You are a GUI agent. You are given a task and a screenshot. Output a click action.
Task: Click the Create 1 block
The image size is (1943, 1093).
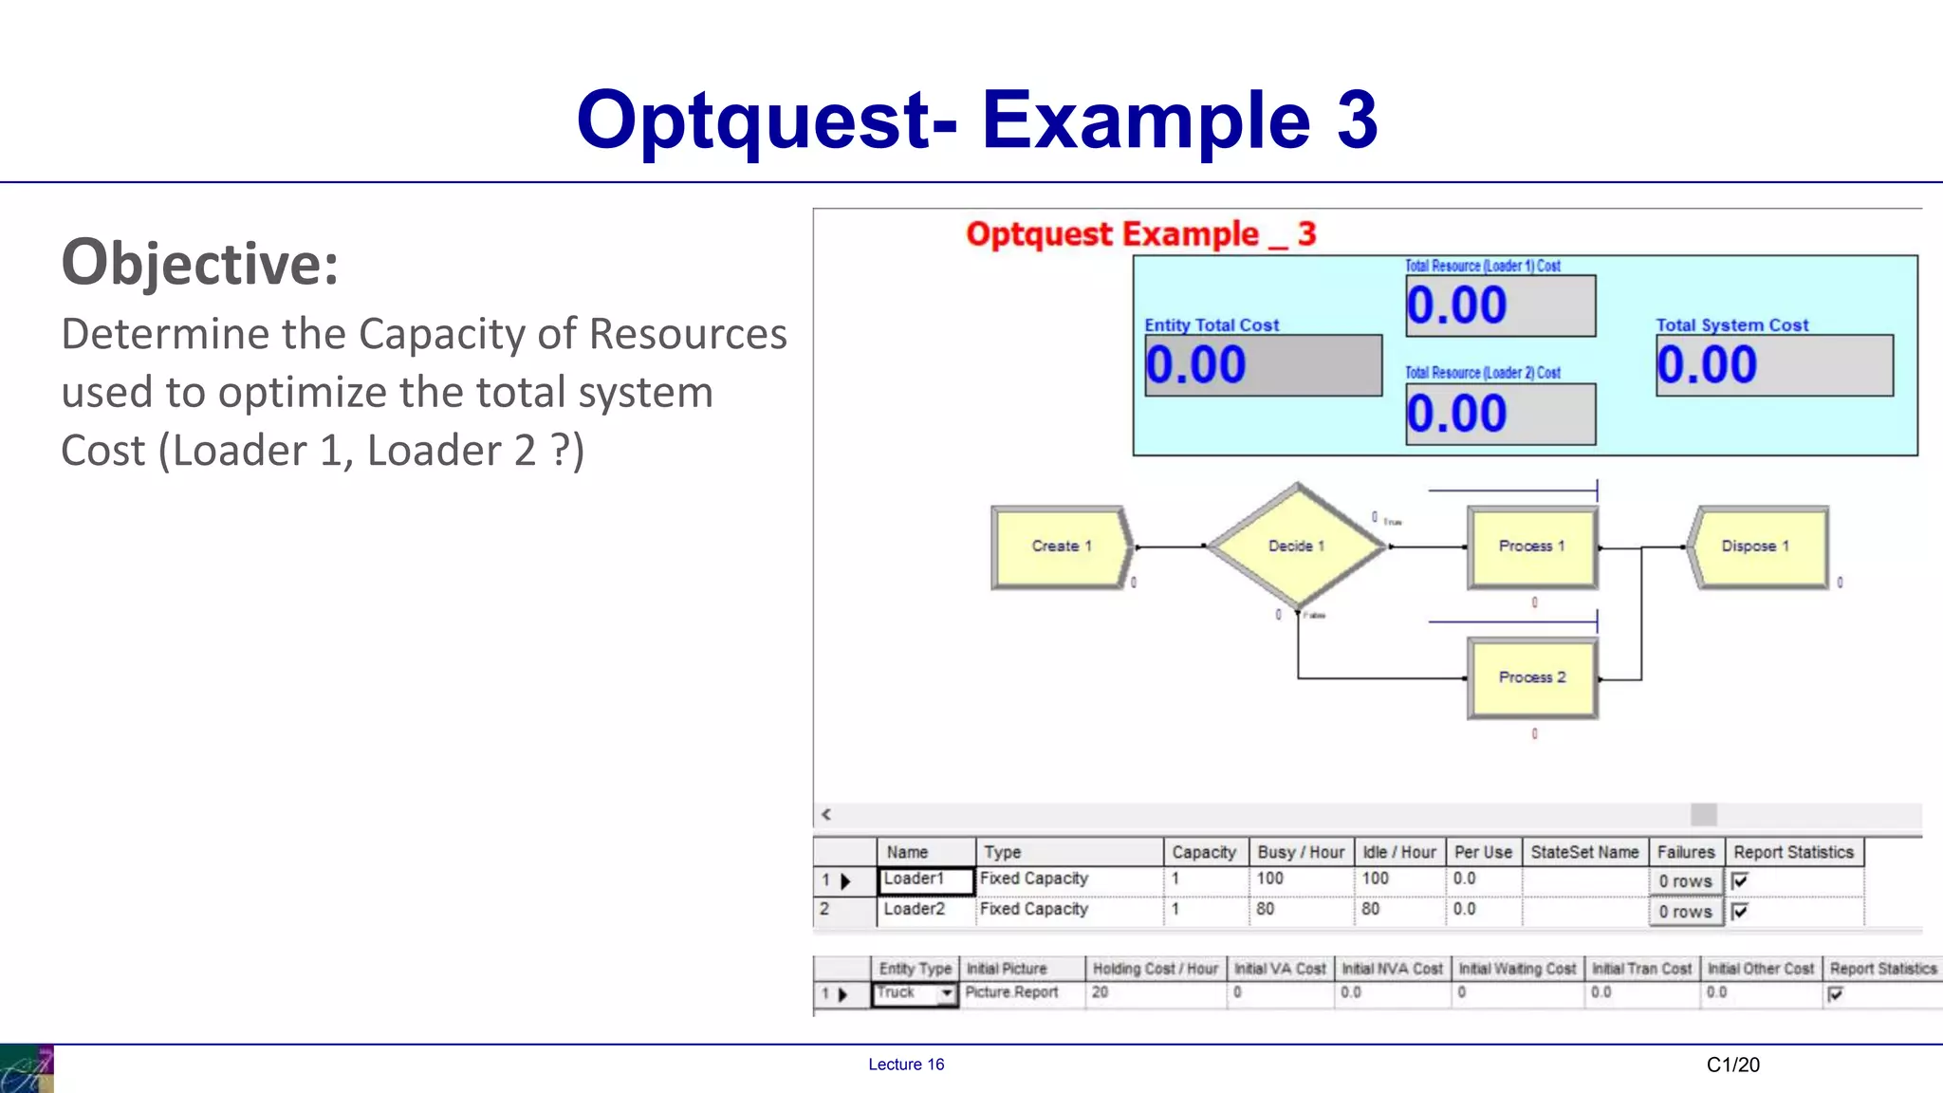[x=1061, y=546]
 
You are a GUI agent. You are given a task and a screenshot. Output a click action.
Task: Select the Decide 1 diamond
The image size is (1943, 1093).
[x=1296, y=546]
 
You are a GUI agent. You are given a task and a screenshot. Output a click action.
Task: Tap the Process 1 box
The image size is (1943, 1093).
[x=1531, y=546]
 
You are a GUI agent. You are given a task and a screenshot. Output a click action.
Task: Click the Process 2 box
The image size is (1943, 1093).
[x=1531, y=677]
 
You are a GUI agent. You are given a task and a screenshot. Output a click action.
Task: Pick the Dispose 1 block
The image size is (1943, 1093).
[x=1757, y=546]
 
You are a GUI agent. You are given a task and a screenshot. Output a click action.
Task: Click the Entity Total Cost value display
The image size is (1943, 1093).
[x=1263, y=365]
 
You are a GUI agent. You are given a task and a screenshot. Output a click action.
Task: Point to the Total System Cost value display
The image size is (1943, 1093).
[x=1774, y=365]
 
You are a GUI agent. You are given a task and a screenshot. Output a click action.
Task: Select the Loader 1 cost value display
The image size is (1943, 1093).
[x=1500, y=306]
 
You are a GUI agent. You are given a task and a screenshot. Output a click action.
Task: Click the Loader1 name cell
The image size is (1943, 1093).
[x=926, y=880]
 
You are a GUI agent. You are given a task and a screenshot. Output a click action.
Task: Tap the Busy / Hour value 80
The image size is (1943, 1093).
[x=1266, y=909]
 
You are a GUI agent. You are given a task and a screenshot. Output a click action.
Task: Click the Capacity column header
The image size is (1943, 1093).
[x=1204, y=852]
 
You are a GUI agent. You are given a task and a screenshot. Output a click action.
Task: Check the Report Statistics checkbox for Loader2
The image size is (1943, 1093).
[x=1740, y=912]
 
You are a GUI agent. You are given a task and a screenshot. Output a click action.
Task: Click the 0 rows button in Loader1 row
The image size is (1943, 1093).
[x=1685, y=881]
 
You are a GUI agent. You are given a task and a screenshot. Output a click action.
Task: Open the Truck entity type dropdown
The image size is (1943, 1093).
[x=946, y=993]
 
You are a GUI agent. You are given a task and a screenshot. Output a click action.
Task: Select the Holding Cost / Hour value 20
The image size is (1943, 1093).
[x=1101, y=992]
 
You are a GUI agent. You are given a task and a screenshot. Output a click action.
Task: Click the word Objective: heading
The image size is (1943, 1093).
[x=199, y=263]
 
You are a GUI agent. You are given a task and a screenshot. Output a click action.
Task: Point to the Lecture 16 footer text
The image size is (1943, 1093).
[x=906, y=1065]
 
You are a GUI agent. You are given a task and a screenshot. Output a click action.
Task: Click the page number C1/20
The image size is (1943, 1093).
[x=1732, y=1065]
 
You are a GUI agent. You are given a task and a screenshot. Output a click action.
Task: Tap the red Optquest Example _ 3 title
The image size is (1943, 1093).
[x=1140, y=234]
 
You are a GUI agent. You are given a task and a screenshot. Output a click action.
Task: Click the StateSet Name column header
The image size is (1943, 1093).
[x=1584, y=852]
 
